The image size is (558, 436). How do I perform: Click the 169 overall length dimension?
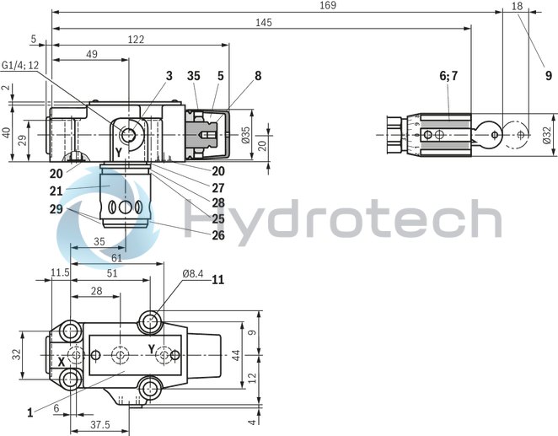click(x=328, y=6)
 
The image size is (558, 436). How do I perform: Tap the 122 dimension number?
click(x=135, y=39)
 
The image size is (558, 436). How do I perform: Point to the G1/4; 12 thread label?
click(x=20, y=65)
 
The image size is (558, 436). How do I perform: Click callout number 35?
click(x=196, y=75)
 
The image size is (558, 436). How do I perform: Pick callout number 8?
click(x=258, y=75)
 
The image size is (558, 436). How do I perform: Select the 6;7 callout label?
click(x=448, y=75)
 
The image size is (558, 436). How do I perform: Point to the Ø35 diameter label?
click(x=245, y=135)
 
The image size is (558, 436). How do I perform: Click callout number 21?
click(x=56, y=190)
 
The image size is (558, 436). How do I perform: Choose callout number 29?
click(x=56, y=207)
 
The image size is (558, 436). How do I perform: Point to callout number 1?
click(x=30, y=412)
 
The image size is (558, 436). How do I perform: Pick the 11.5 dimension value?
click(x=59, y=272)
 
